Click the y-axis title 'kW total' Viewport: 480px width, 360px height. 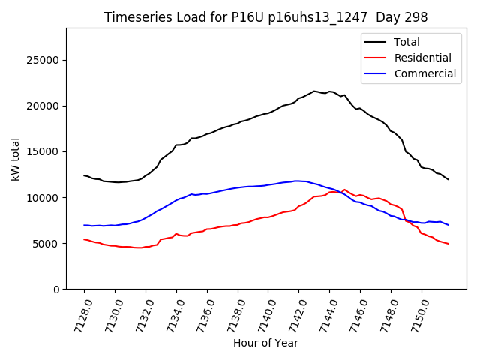coord(15,158)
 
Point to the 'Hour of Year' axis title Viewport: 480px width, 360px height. coord(265,343)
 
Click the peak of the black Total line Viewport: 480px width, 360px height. coord(314,91)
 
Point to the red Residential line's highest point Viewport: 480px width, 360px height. coord(344,190)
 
